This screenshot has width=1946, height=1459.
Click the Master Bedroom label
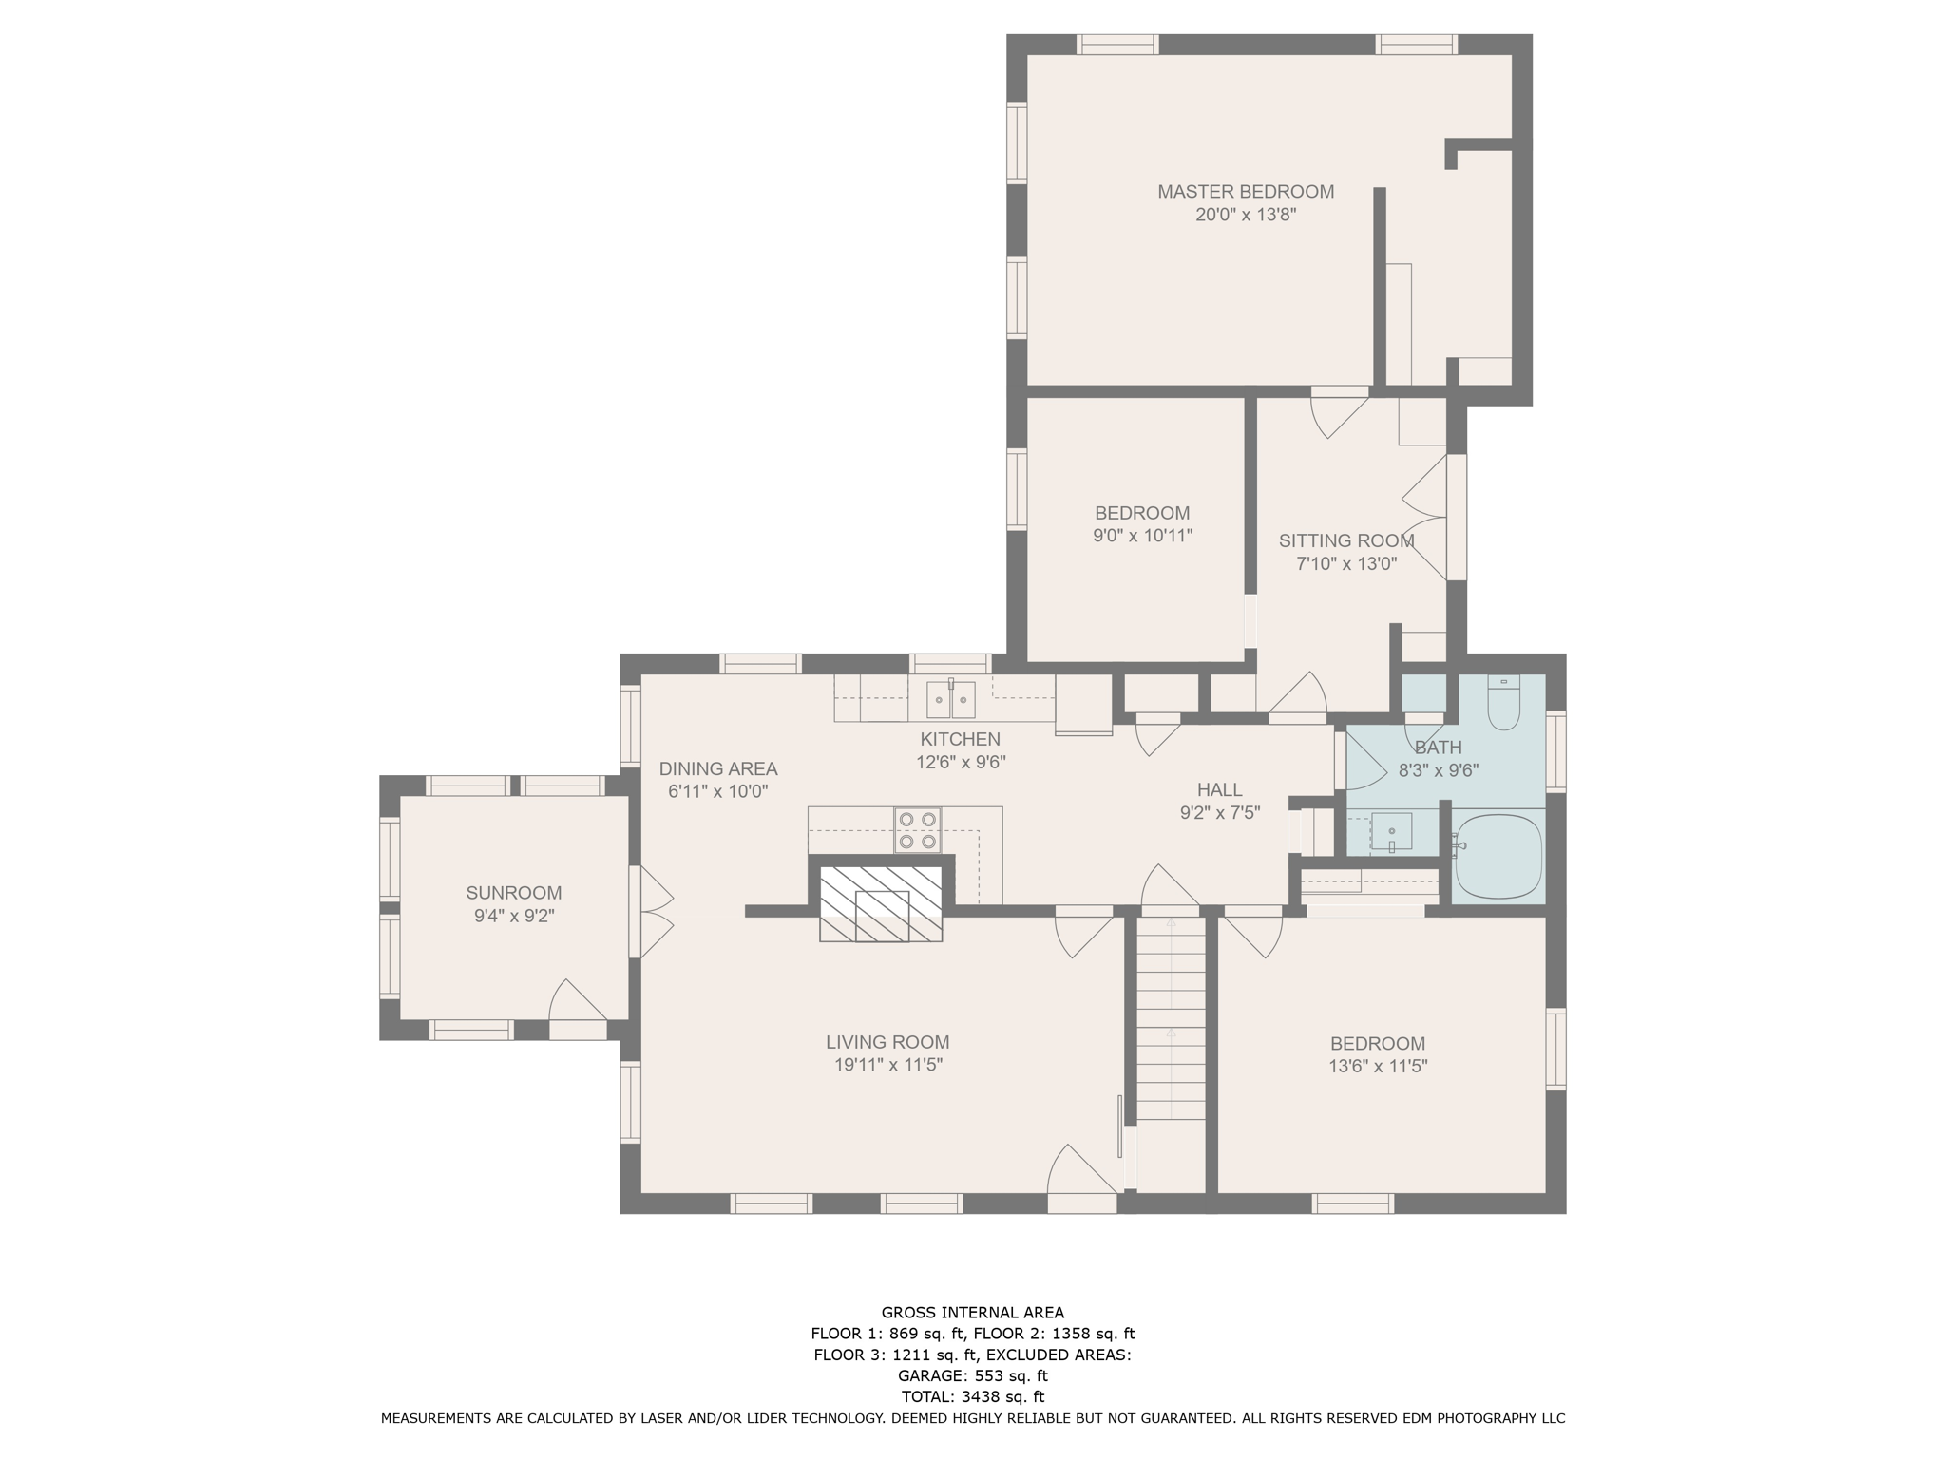coord(1246,192)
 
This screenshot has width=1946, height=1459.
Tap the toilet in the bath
coord(1504,703)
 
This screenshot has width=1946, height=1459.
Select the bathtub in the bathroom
coord(1498,857)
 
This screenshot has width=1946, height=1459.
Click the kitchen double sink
coord(951,700)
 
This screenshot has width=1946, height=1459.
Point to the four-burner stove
coord(918,830)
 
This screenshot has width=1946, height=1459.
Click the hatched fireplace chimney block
coord(881,903)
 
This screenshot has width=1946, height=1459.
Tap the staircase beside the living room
coord(1171,1016)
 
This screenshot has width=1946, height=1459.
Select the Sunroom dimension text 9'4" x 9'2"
coord(514,917)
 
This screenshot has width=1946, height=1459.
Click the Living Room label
coord(887,1042)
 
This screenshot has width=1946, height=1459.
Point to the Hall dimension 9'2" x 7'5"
coord(1220,812)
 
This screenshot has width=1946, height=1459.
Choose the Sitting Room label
coord(1346,540)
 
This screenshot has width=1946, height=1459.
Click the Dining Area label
coord(718,768)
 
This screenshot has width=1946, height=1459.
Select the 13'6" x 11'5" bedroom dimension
coord(1378,1067)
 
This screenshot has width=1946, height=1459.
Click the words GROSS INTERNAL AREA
coord(973,1313)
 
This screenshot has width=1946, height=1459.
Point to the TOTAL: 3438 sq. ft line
coord(973,1396)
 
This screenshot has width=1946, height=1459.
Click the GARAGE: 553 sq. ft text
coord(973,1375)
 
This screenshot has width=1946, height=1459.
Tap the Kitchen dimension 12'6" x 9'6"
coord(961,762)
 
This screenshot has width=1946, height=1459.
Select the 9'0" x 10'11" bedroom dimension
coord(1142,536)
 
